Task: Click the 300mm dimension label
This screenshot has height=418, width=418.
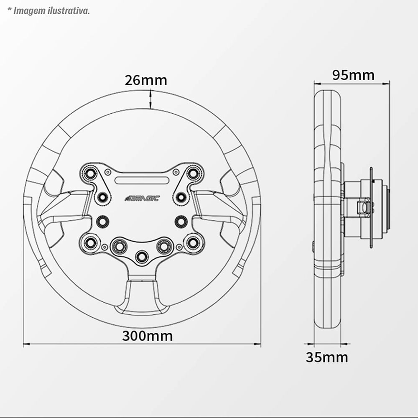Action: (x=147, y=336)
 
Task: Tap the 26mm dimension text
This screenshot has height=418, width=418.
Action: (x=146, y=80)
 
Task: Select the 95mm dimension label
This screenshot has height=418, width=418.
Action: (x=353, y=75)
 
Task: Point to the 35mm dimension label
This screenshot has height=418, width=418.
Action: (x=327, y=357)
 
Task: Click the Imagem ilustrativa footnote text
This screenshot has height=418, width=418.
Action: (x=48, y=11)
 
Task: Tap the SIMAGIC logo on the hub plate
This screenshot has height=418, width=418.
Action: (x=143, y=198)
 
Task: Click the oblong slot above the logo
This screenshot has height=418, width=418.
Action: (x=142, y=181)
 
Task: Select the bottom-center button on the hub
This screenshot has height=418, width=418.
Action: (x=142, y=257)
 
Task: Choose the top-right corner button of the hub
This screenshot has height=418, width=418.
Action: (x=192, y=173)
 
